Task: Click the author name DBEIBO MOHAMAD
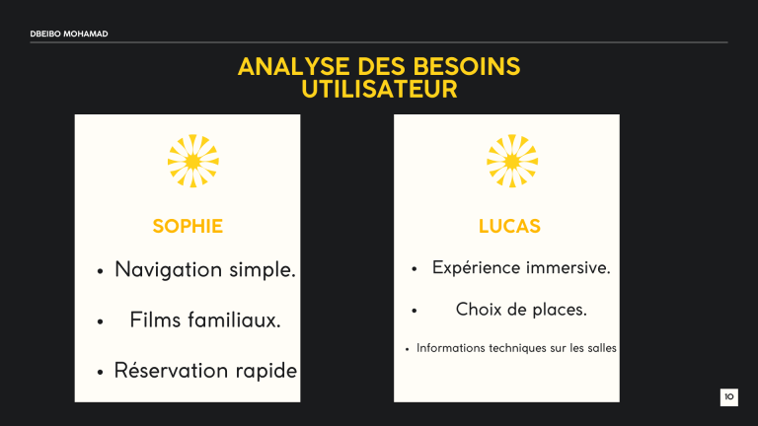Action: [x=68, y=35]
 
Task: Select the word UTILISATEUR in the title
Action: [x=379, y=90]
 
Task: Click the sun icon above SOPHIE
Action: [x=192, y=160]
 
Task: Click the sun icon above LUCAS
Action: [x=511, y=160]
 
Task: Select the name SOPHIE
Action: [x=188, y=227]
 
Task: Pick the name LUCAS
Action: [x=509, y=227]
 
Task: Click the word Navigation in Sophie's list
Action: [x=172, y=269]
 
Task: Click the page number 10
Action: [x=728, y=397]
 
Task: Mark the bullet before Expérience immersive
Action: [x=417, y=269]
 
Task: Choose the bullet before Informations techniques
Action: [x=409, y=349]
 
